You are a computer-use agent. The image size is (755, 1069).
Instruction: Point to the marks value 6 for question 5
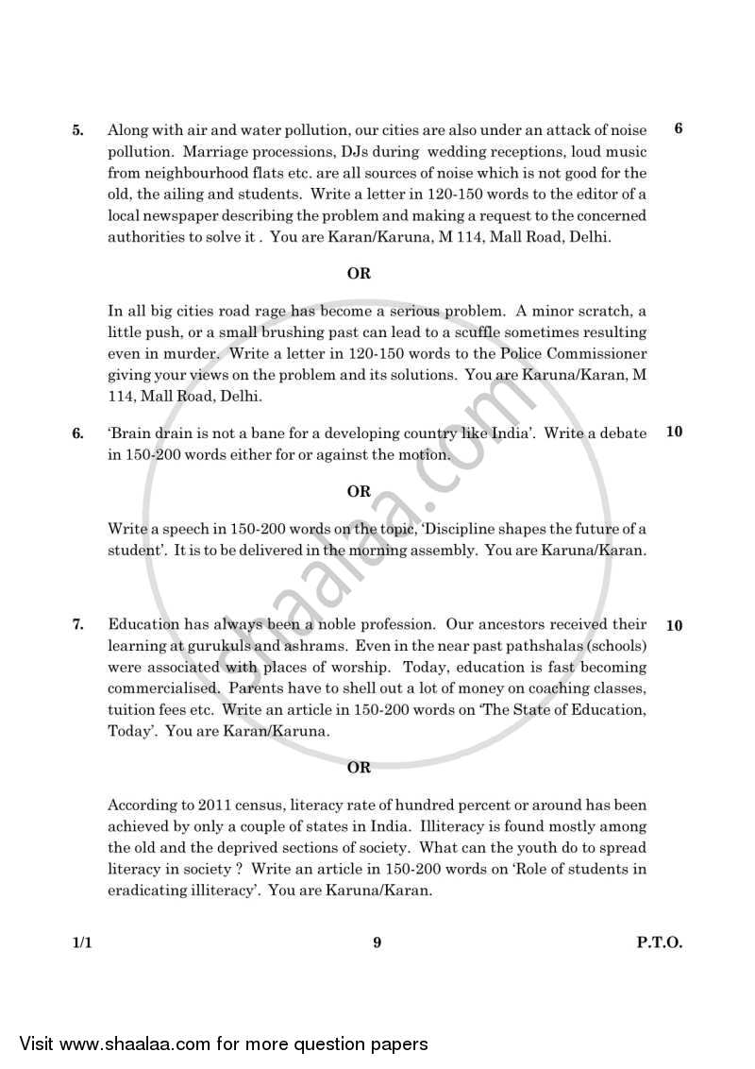tap(679, 129)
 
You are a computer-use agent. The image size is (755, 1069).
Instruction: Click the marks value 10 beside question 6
tap(674, 433)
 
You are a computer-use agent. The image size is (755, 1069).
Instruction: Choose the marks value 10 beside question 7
tap(674, 625)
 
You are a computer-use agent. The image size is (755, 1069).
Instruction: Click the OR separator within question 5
tap(359, 274)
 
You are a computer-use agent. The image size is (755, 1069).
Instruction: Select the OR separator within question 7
tap(359, 768)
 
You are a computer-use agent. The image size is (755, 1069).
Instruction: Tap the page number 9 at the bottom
tap(377, 942)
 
